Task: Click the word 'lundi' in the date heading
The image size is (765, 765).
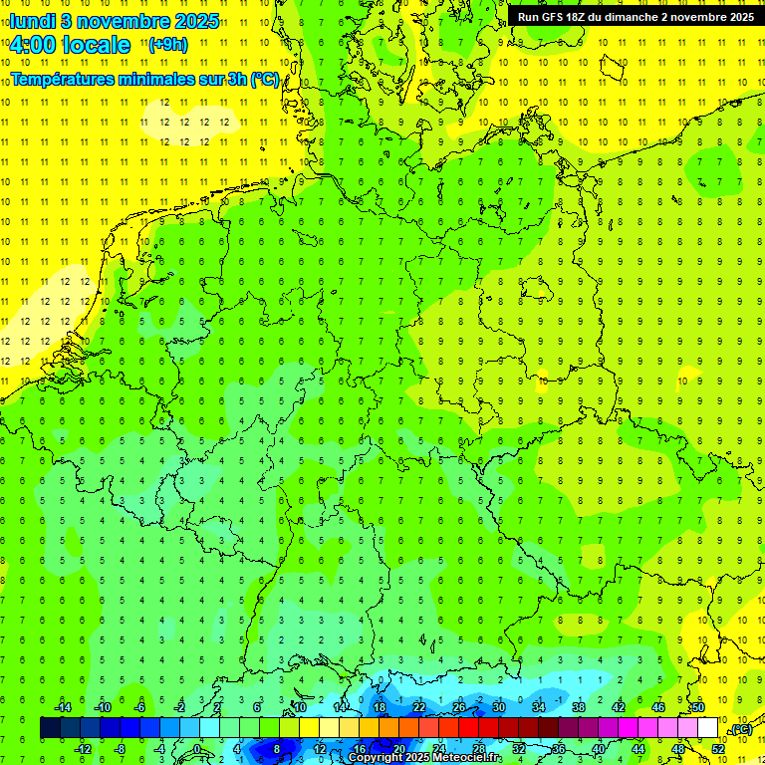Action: [x=33, y=20]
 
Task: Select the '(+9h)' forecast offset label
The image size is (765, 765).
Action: [x=166, y=44]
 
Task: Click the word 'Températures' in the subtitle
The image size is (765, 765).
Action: [x=61, y=79]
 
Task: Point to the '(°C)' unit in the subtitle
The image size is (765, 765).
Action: [x=265, y=79]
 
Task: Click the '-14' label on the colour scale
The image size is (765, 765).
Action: [x=63, y=707]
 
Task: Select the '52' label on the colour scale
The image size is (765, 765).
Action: [x=718, y=749]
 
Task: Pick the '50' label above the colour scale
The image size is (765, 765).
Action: [x=698, y=707]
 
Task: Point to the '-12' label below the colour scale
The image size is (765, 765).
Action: [x=83, y=749]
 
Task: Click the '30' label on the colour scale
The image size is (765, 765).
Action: [x=499, y=707]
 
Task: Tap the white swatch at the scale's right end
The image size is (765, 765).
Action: [x=708, y=728]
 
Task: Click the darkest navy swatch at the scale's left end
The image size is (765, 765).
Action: [x=50, y=728]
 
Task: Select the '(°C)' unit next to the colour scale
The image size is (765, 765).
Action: [x=740, y=730]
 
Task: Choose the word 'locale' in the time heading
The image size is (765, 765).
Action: [x=96, y=45]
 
